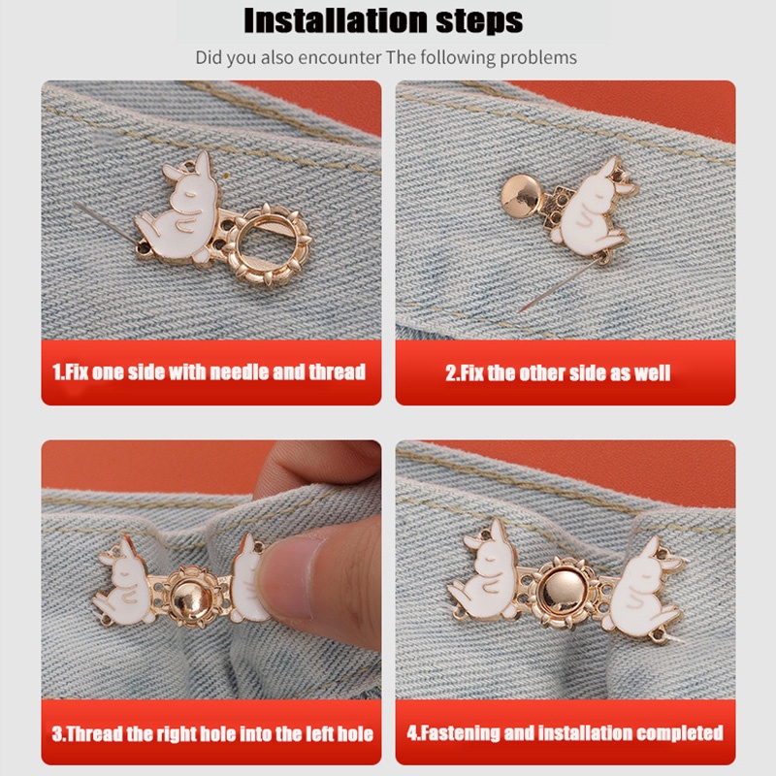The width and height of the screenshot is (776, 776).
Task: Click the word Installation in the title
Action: (x=336, y=20)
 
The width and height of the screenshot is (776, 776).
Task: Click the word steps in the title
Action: (x=479, y=20)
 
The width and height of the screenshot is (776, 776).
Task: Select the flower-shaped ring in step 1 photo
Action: (x=268, y=244)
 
